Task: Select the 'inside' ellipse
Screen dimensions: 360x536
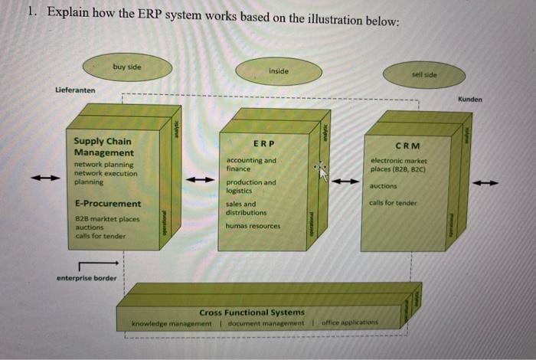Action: coord(279,71)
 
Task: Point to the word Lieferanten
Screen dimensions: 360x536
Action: coord(75,90)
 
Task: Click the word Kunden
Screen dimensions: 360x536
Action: coord(470,100)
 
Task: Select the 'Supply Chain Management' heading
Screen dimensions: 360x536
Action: coord(102,146)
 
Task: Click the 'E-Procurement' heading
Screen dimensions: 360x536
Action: coord(108,204)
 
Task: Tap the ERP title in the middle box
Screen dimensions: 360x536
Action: coord(263,144)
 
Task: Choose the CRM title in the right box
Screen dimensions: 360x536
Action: coord(407,146)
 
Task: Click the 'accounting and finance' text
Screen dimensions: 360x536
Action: coord(251,164)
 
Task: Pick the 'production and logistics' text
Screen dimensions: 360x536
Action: coord(251,186)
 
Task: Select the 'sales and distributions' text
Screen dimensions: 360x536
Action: coord(247,208)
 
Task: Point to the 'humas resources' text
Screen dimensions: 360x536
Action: coord(253,226)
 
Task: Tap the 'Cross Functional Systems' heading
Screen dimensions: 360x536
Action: coord(252,313)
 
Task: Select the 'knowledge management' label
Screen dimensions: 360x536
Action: coord(172,323)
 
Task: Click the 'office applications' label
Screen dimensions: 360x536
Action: coord(350,322)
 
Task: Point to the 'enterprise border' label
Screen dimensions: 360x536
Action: coord(87,278)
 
